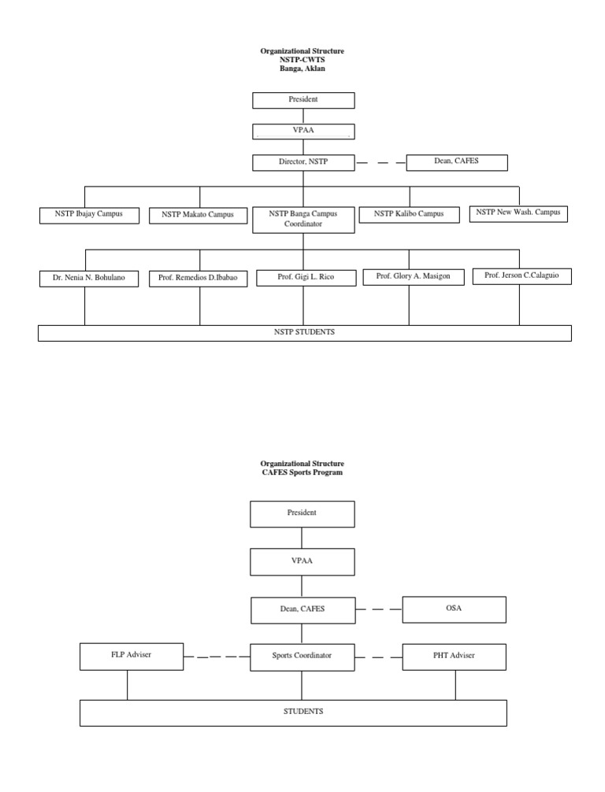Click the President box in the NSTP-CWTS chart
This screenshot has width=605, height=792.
point(302,100)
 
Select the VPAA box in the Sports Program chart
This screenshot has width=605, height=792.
point(302,561)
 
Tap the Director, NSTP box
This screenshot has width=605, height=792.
point(302,162)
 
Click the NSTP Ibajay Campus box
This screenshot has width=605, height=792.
point(89,214)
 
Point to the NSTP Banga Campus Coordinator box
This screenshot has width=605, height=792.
point(302,219)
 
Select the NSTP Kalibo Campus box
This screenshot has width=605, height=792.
point(409,214)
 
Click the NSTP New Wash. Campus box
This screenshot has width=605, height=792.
point(518,213)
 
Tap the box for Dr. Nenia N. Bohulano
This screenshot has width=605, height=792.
point(89,279)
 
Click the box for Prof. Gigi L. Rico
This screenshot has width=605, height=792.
point(306,278)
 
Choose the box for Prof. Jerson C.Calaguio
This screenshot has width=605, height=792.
point(521,276)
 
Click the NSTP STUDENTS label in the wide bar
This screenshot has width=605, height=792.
point(304,332)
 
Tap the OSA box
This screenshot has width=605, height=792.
point(454,609)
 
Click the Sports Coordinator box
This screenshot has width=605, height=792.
point(302,656)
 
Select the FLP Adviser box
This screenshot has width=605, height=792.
point(131,656)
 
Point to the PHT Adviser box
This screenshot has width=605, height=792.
point(454,656)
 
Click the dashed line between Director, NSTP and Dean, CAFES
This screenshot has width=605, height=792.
point(380,163)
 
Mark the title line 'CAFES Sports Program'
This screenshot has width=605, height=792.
point(302,472)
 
